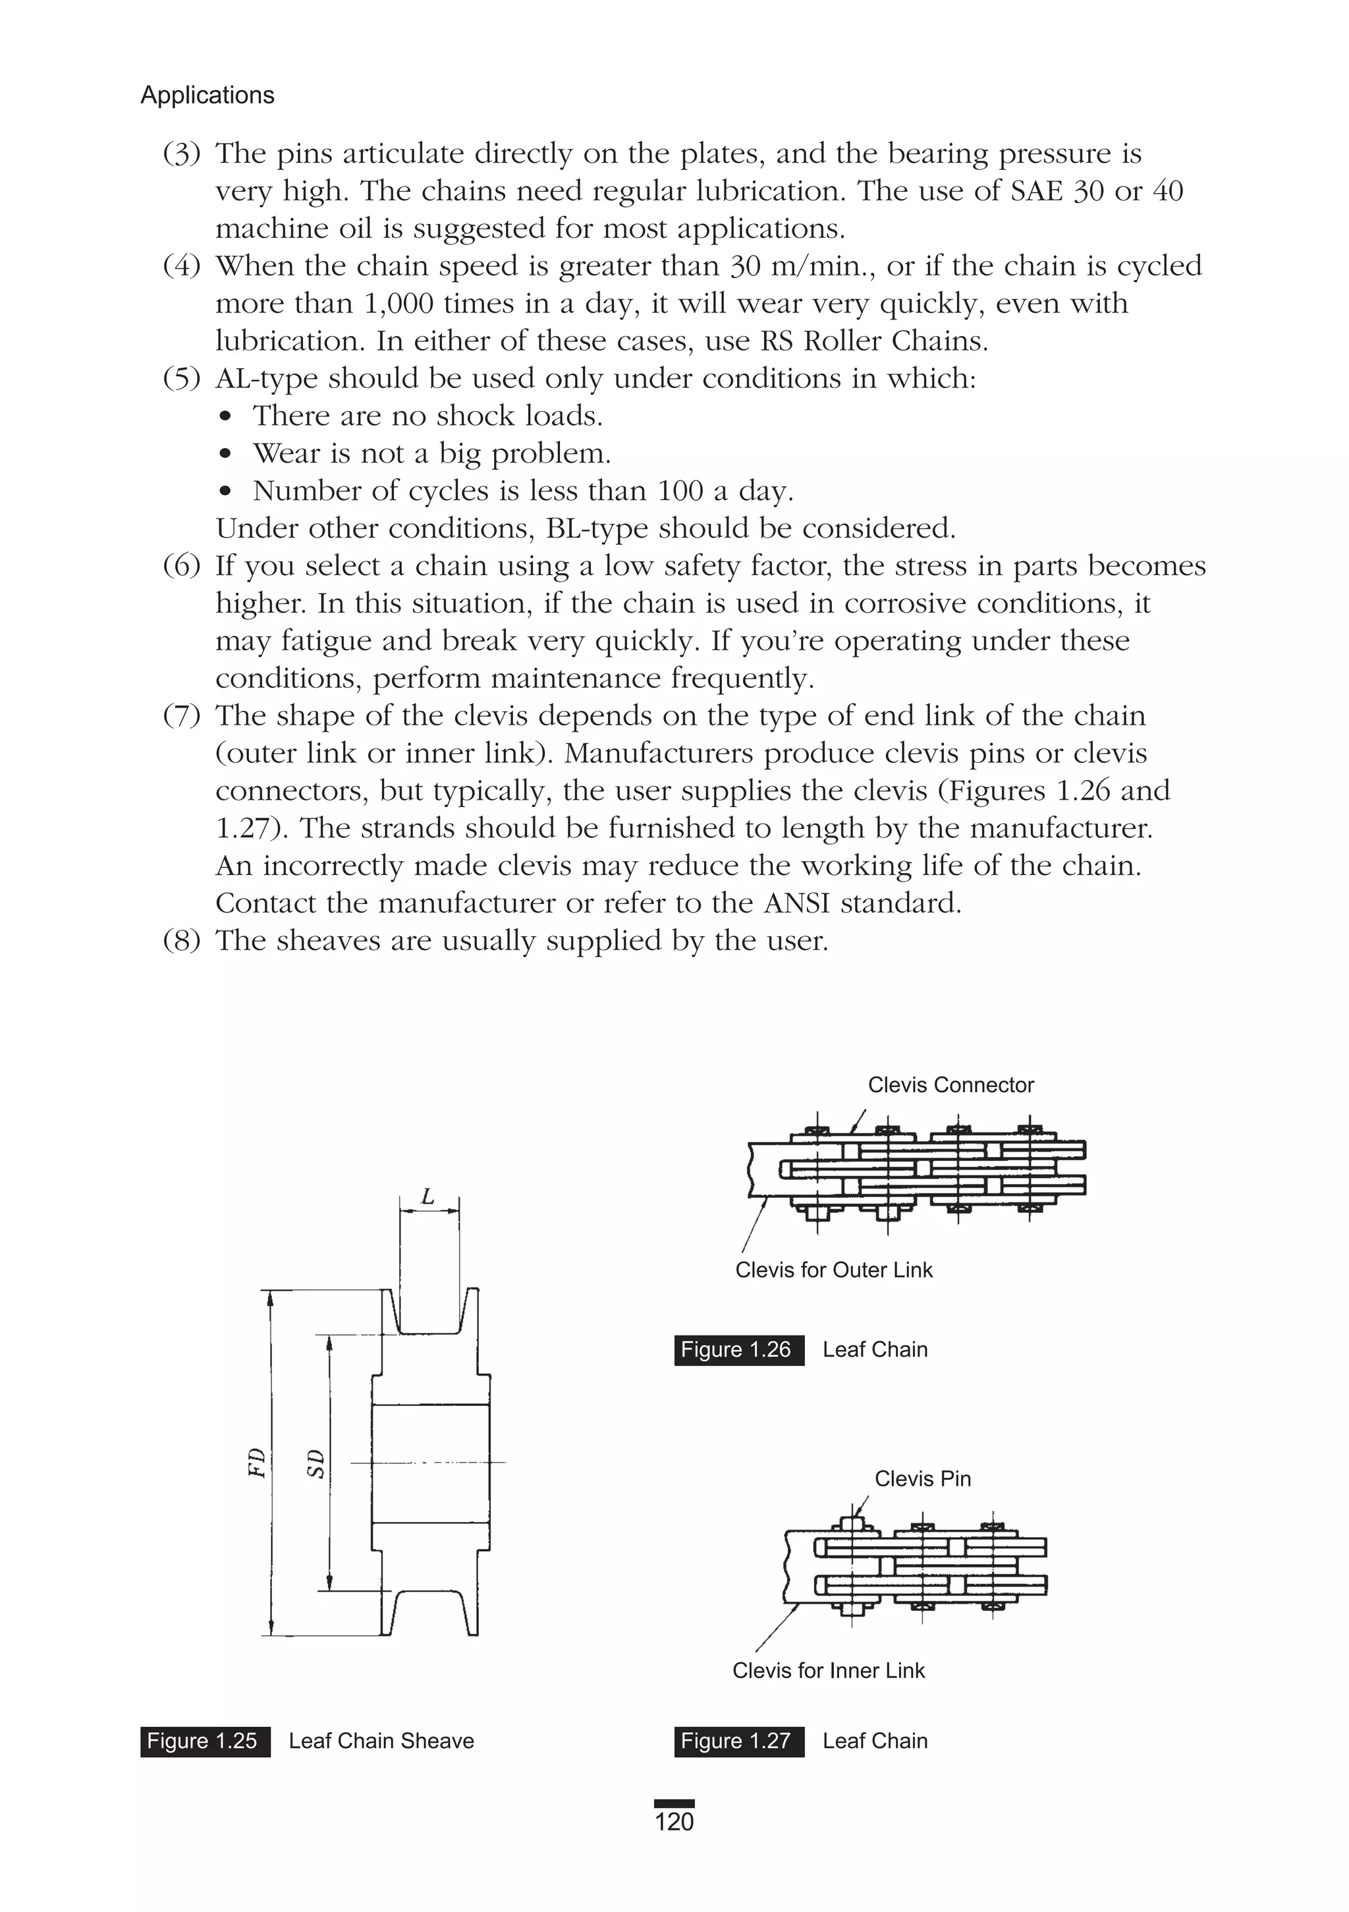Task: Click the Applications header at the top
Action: coord(207,95)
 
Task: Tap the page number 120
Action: coord(674,1822)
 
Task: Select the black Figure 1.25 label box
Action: coord(205,1741)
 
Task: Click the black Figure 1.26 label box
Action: coord(738,1349)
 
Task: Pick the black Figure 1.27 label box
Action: coord(738,1741)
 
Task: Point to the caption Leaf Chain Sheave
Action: coord(381,1741)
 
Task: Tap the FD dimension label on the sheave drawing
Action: coord(258,1463)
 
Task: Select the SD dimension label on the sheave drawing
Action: coord(316,1463)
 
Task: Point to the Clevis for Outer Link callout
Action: coord(833,1269)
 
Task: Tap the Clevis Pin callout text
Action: coord(923,1478)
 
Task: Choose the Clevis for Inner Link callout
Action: coord(829,1670)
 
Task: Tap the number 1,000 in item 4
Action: coord(398,303)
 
